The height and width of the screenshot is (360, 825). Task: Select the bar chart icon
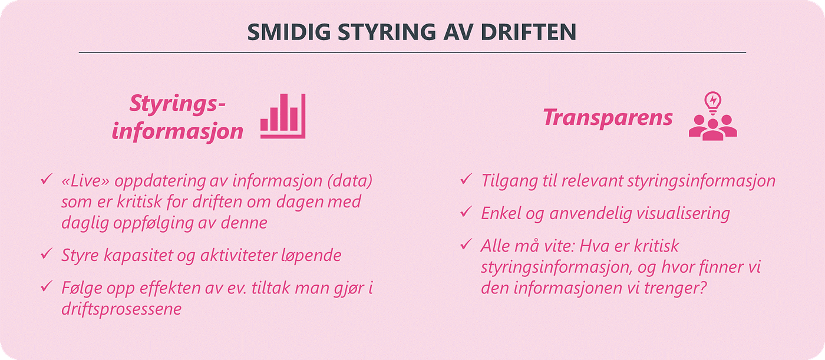coord(283,116)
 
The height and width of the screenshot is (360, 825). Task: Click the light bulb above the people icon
coord(713,100)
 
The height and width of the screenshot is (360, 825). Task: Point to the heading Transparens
coord(608,117)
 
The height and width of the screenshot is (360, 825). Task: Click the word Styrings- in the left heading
coord(178,105)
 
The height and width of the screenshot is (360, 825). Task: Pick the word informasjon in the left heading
coord(177,131)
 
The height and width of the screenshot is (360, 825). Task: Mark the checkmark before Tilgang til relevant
coord(466,179)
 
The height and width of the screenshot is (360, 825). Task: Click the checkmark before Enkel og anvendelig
coord(466,212)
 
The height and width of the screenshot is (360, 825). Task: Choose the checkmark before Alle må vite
coord(466,244)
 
